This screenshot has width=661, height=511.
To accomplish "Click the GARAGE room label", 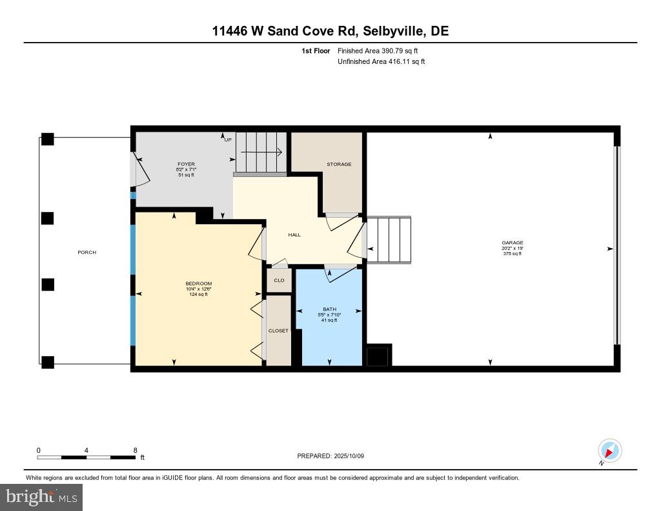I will pyautogui.click(x=512, y=243).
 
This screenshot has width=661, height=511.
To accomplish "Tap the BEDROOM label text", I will pyautogui.click(x=198, y=284).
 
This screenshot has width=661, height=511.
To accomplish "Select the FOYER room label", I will pyautogui.click(x=186, y=164).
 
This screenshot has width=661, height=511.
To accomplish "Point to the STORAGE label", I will pyautogui.click(x=339, y=164).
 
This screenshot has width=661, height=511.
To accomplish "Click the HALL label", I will pyautogui.click(x=294, y=235).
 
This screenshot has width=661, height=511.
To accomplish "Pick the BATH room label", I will pyautogui.click(x=329, y=309).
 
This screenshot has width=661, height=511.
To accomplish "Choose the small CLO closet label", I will pyautogui.click(x=279, y=280).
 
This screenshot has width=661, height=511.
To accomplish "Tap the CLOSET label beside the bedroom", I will pyautogui.click(x=278, y=331).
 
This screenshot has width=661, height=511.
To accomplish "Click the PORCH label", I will pyautogui.click(x=86, y=253).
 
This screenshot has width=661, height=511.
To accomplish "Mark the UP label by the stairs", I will pyautogui.click(x=227, y=140).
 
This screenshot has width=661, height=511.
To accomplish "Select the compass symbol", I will pyautogui.click(x=609, y=450).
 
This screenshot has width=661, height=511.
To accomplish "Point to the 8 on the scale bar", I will pyautogui.click(x=135, y=450).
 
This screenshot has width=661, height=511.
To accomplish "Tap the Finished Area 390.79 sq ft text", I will pyautogui.click(x=382, y=50).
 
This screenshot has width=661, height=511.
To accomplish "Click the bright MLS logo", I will pyautogui.click(x=41, y=497).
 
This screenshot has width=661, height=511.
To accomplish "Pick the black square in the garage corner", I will pyautogui.click(x=378, y=356).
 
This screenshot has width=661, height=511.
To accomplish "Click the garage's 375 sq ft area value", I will pyautogui.click(x=512, y=254).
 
